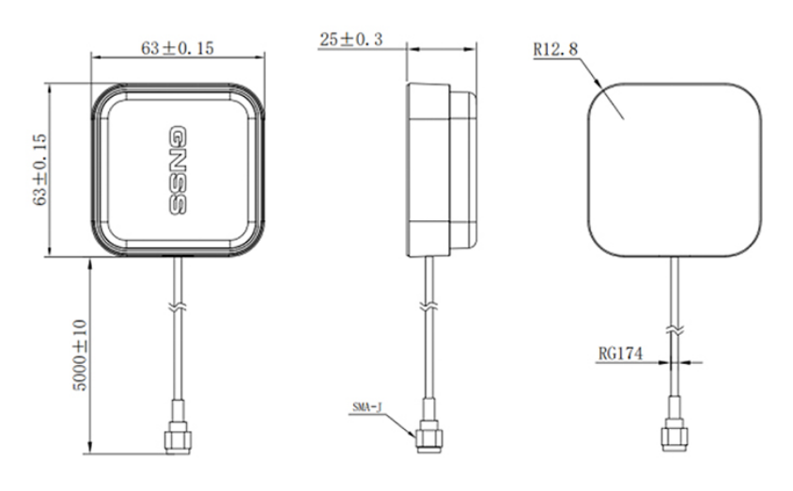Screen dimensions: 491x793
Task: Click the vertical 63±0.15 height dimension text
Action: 39,169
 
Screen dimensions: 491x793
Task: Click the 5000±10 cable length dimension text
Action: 79,356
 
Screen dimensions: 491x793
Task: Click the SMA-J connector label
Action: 365,407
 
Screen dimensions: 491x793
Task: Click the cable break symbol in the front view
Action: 177,307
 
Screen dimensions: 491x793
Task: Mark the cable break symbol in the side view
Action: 428,307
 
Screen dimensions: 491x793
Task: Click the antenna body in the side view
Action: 442,169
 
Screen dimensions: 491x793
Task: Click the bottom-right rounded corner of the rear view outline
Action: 746,243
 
